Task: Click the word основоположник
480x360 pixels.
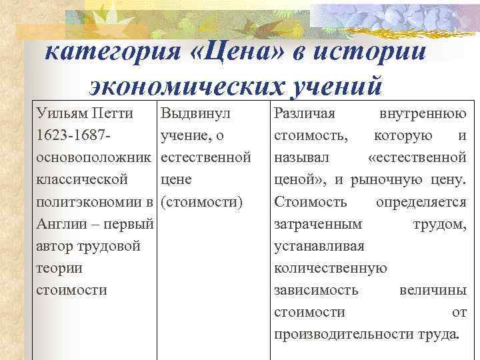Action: (x=93, y=158)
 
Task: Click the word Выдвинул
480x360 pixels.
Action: (x=196, y=113)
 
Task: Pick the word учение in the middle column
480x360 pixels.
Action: (x=183, y=136)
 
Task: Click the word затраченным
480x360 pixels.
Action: (x=319, y=224)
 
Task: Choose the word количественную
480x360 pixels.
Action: (x=331, y=268)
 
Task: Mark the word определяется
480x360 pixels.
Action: (x=421, y=201)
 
